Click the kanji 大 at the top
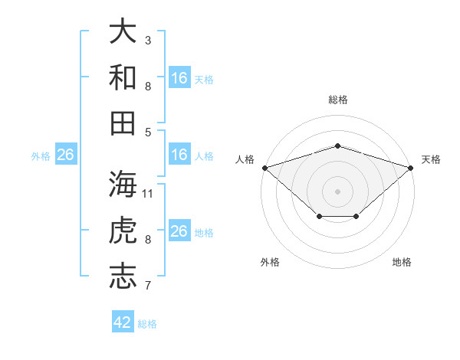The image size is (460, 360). coord(123,31)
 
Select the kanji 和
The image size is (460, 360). coord(123,77)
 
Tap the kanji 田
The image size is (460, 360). coord(123,123)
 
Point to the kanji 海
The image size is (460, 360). coord(123,184)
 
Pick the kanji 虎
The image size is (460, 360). coord(123,230)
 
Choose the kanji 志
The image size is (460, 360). coord(123,277)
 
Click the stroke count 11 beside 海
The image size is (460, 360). coord(147,194)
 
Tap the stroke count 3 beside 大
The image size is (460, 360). coord(148,40)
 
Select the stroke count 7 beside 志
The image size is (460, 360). coord(148,285)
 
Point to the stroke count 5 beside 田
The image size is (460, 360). coord(148,133)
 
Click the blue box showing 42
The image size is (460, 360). coord(123,321)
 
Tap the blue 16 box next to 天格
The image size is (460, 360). coord(179,77)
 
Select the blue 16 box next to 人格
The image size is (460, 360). coord(179,154)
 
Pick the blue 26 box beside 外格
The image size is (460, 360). coord(66,154)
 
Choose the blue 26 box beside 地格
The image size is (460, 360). coord(179,230)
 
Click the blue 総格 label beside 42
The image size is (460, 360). coord(147,324)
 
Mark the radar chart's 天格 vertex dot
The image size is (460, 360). coord(411,168)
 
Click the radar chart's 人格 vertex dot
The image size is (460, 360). coord(265,168)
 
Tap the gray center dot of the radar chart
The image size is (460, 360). coord(337,191)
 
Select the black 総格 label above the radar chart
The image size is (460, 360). coord(338,100)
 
